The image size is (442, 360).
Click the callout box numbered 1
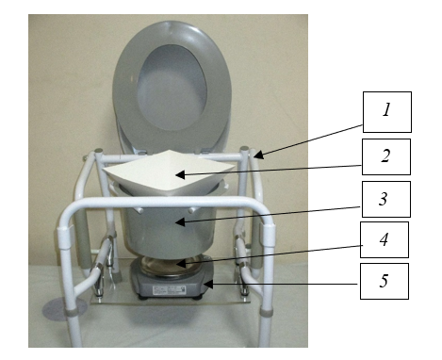[387, 112]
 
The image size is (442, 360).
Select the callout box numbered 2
[386, 156]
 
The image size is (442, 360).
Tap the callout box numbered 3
[386, 199]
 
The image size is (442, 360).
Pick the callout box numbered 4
[385, 239]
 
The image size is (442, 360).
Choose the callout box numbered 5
[385, 281]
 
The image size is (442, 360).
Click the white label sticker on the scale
[169, 290]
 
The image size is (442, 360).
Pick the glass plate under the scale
[170, 300]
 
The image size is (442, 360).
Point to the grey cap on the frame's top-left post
[98, 150]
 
